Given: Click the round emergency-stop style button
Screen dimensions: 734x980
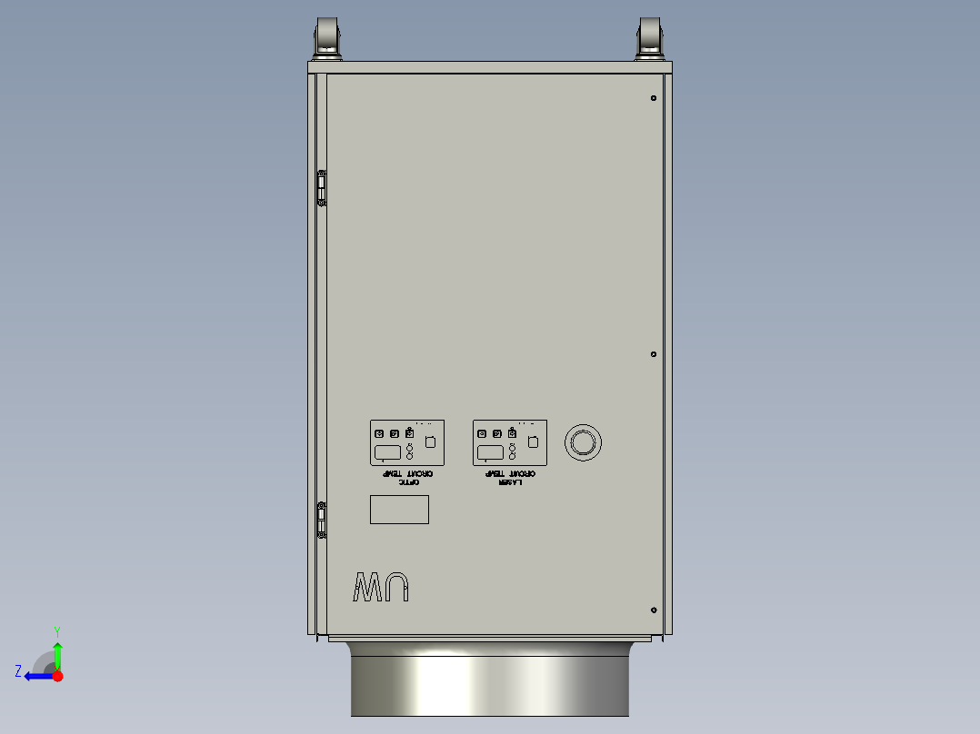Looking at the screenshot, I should click(583, 442).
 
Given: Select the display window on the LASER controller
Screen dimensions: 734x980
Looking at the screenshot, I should click(491, 452).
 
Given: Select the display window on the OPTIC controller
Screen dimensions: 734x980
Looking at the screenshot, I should click(388, 452).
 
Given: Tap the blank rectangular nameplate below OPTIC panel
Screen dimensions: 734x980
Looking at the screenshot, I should click(399, 510).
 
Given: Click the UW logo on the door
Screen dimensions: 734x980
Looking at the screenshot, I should click(382, 588).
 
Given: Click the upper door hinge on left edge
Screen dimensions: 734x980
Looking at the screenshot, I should click(321, 187).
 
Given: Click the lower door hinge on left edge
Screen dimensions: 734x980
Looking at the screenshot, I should click(321, 521).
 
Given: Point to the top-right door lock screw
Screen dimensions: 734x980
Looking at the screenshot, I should click(654, 98).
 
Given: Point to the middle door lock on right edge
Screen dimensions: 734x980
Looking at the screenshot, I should click(654, 354).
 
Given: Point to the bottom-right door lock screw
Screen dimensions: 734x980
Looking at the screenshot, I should click(654, 610).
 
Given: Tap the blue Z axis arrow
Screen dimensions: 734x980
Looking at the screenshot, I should click(36, 675).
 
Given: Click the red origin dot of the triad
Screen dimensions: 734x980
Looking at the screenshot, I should click(57, 675).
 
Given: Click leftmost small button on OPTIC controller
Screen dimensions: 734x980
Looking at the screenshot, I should click(379, 433).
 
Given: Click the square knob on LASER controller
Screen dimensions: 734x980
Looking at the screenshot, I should click(534, 441).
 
